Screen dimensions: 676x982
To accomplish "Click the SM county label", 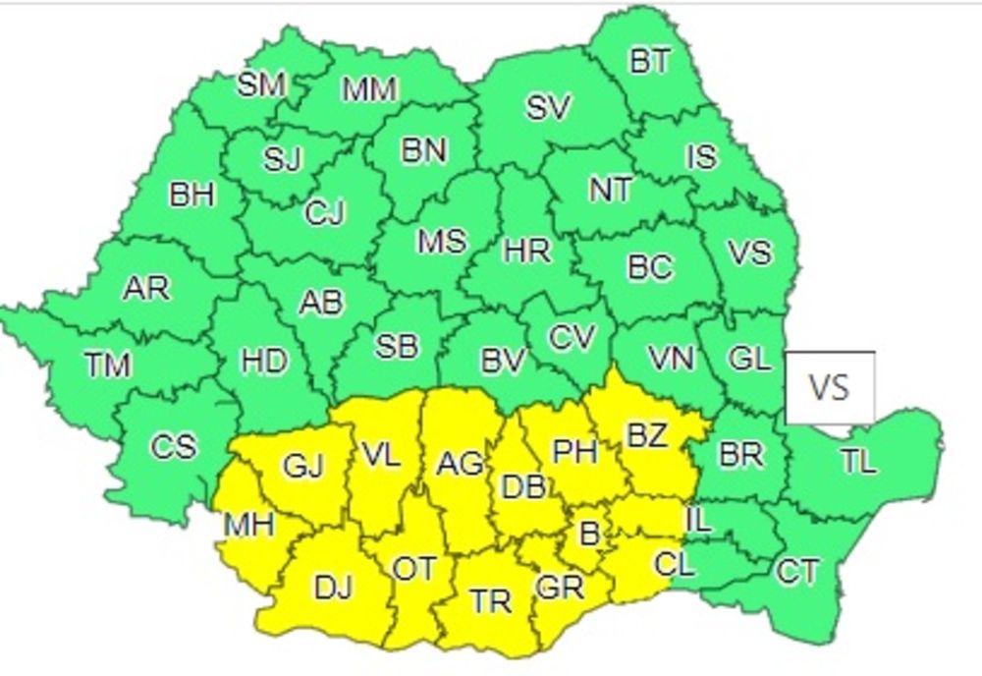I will click(x=261, y=84).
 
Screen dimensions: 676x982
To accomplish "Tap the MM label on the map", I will click(x=369, y=90).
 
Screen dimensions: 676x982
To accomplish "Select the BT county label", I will click(x=650, y=62).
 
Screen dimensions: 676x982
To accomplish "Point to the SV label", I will click(x=548, y=107).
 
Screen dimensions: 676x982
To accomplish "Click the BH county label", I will click(x=191, y=195).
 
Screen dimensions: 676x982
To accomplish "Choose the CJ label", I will click(x=324, y=212).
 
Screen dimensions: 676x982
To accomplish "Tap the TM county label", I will click(x=108, y=366).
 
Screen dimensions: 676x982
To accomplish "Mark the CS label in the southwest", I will click(x=173, y=447).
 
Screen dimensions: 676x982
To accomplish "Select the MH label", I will click(x=248, y=525).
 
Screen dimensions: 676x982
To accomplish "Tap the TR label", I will click(x=490, y=600).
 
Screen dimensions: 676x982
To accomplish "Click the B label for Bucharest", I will click(x=589, y=534).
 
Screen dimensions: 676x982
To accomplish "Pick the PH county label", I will click(x=575, y=451).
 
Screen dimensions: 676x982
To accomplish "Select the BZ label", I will click(x=647, y=435).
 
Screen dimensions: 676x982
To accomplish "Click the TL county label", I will click(x=858, y=461).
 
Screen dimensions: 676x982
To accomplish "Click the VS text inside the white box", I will click(x=828, y=387).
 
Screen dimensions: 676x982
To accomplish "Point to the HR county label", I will click(x=527, y=251).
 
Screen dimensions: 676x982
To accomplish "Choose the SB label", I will click(x=398, y=346).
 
